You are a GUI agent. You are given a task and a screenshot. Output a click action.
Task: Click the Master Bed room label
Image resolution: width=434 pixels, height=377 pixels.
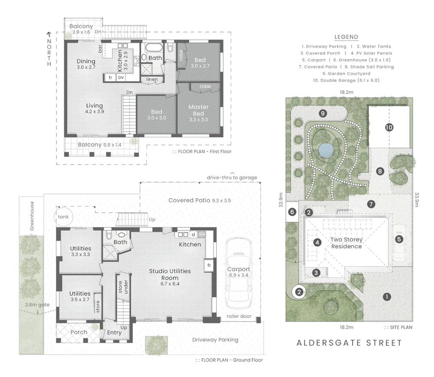point(198,110)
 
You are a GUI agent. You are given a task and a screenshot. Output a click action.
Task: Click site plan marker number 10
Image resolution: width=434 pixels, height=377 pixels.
point(389,127)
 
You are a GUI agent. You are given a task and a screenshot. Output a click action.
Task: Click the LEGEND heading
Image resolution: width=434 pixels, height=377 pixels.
point(346,37)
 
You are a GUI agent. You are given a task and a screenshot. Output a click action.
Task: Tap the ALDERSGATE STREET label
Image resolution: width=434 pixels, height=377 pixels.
point(349,343)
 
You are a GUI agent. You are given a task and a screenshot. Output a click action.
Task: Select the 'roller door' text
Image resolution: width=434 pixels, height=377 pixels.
point(239,317)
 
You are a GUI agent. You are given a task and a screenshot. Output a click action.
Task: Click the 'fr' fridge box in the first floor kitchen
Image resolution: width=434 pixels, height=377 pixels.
point(111,78)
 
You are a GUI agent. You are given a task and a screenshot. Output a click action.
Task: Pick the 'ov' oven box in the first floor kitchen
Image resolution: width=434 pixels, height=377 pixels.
point(122,78)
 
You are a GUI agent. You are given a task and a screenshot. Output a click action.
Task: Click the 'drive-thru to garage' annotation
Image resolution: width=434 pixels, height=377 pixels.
point(232,177)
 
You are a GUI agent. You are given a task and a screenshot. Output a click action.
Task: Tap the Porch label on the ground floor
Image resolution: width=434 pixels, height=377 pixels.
point(79,332)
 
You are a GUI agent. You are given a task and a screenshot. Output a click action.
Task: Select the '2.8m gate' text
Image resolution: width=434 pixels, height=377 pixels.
point(36,305)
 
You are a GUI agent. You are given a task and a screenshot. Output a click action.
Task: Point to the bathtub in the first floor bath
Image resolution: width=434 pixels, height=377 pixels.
point(155,47)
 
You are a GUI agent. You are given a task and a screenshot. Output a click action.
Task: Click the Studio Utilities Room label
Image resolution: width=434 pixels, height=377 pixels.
point(170,274)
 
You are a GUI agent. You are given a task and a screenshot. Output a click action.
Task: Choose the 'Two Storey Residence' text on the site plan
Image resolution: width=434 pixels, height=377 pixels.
point(346,243)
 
